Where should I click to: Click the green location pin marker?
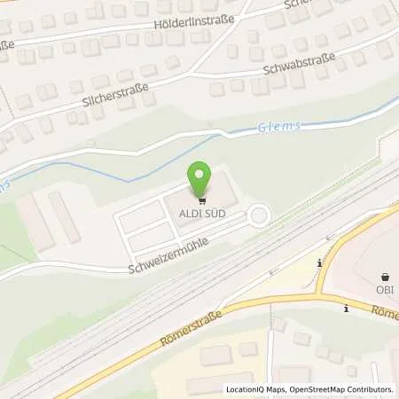(200, 177)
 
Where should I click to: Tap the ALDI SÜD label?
(200, 213)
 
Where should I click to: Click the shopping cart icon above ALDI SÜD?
(200, 199)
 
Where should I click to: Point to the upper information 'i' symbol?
(318, 262)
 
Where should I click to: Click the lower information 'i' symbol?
(346, 308)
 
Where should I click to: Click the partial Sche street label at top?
(296, 4)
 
